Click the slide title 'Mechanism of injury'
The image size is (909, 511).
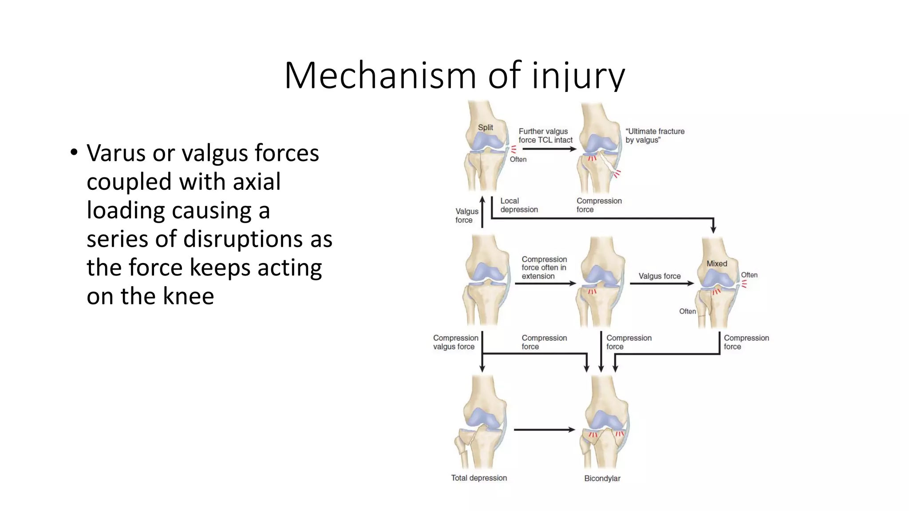click(454, 75)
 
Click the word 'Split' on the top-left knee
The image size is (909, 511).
click(485, 127)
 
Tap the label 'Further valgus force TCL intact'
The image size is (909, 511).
click(545, 135)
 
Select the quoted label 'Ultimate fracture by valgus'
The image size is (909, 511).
click(655, 135)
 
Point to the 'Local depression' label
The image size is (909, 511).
click(519, 205)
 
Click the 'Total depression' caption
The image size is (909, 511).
click(479, 478)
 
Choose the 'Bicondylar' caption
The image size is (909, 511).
click(602, 478)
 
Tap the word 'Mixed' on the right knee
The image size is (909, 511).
click(716, 263)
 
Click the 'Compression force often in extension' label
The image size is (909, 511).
click(544, 267)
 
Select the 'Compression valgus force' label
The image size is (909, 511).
click(455, 342)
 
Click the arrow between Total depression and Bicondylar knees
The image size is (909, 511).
click(544, 429)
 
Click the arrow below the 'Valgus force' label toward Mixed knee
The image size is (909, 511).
click(661, 283)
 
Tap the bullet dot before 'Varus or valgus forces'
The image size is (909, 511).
click(74, 153)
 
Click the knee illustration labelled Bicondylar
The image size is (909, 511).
click(604, 421)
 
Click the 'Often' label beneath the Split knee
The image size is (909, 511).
click(518, 159)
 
